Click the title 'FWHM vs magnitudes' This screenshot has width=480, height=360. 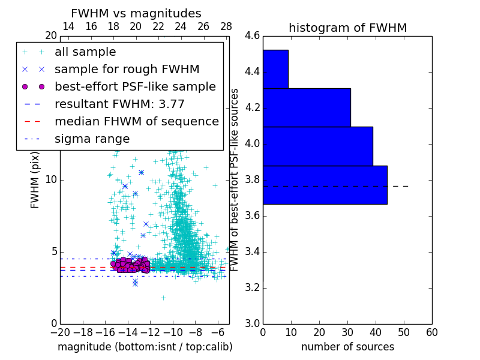click(x=136, y=13)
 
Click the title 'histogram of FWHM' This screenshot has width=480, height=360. click(x=347, y=28)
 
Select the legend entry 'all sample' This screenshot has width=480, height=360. click(x=85, y=52)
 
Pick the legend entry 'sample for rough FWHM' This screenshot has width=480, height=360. click(x=127, y=70)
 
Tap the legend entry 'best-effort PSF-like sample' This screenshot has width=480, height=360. click(x=135, y=87)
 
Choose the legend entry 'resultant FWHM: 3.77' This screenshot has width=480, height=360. click(x=119, y=104)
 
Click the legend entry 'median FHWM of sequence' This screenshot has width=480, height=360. click(x=136, y=122)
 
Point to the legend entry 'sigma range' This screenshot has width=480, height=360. click(x=92, y=139)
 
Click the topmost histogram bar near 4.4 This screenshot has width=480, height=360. click(x=275, y=69)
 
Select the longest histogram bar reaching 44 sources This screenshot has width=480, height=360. click(x=325, y=185)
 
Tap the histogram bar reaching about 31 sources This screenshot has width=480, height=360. click(x=307, y=107)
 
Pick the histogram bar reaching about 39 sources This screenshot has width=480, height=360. click(x=318, y=146)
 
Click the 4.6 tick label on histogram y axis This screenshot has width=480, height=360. click(x=252, y=36)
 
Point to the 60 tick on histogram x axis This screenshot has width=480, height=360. click(x=431, y=332)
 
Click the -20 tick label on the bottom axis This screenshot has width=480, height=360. click(x=60, y=332)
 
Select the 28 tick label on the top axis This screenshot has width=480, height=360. click(x=226, y=26)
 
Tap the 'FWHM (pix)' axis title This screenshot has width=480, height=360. click(x=35, y=179)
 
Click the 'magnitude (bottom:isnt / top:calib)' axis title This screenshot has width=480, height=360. click(x=145, y=347)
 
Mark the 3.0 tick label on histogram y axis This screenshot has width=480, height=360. click(x=252, y=323)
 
